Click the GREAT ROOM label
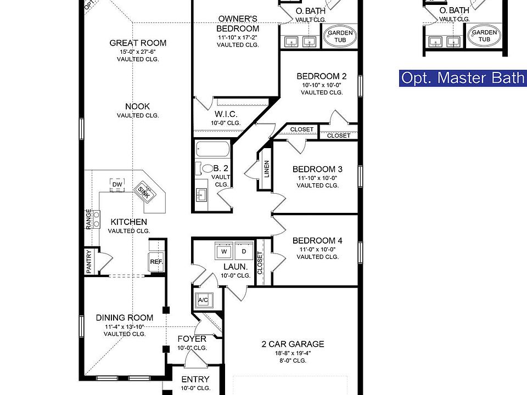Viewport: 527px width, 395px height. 138,43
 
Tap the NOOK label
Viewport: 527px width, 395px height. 138,106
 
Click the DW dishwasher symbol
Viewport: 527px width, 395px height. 117,184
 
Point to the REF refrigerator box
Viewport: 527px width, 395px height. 156,262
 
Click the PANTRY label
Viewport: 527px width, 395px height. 89,262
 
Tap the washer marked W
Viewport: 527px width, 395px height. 224,251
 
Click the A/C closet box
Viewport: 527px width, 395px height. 203,300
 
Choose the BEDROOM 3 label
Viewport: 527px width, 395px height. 317,169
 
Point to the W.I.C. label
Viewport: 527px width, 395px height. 226,114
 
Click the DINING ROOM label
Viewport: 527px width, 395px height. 125,318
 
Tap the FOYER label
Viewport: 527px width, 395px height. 192,339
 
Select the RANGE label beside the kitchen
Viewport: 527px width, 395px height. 89,219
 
